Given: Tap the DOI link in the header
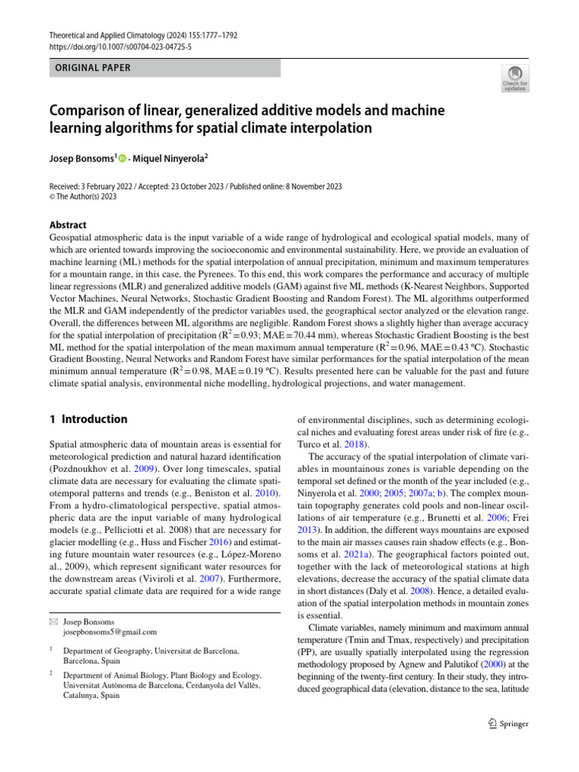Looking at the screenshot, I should (x=121, y=46).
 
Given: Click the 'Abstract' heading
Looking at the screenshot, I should (x=68, y=225).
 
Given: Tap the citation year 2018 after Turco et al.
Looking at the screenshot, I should (x=357, y=444).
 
